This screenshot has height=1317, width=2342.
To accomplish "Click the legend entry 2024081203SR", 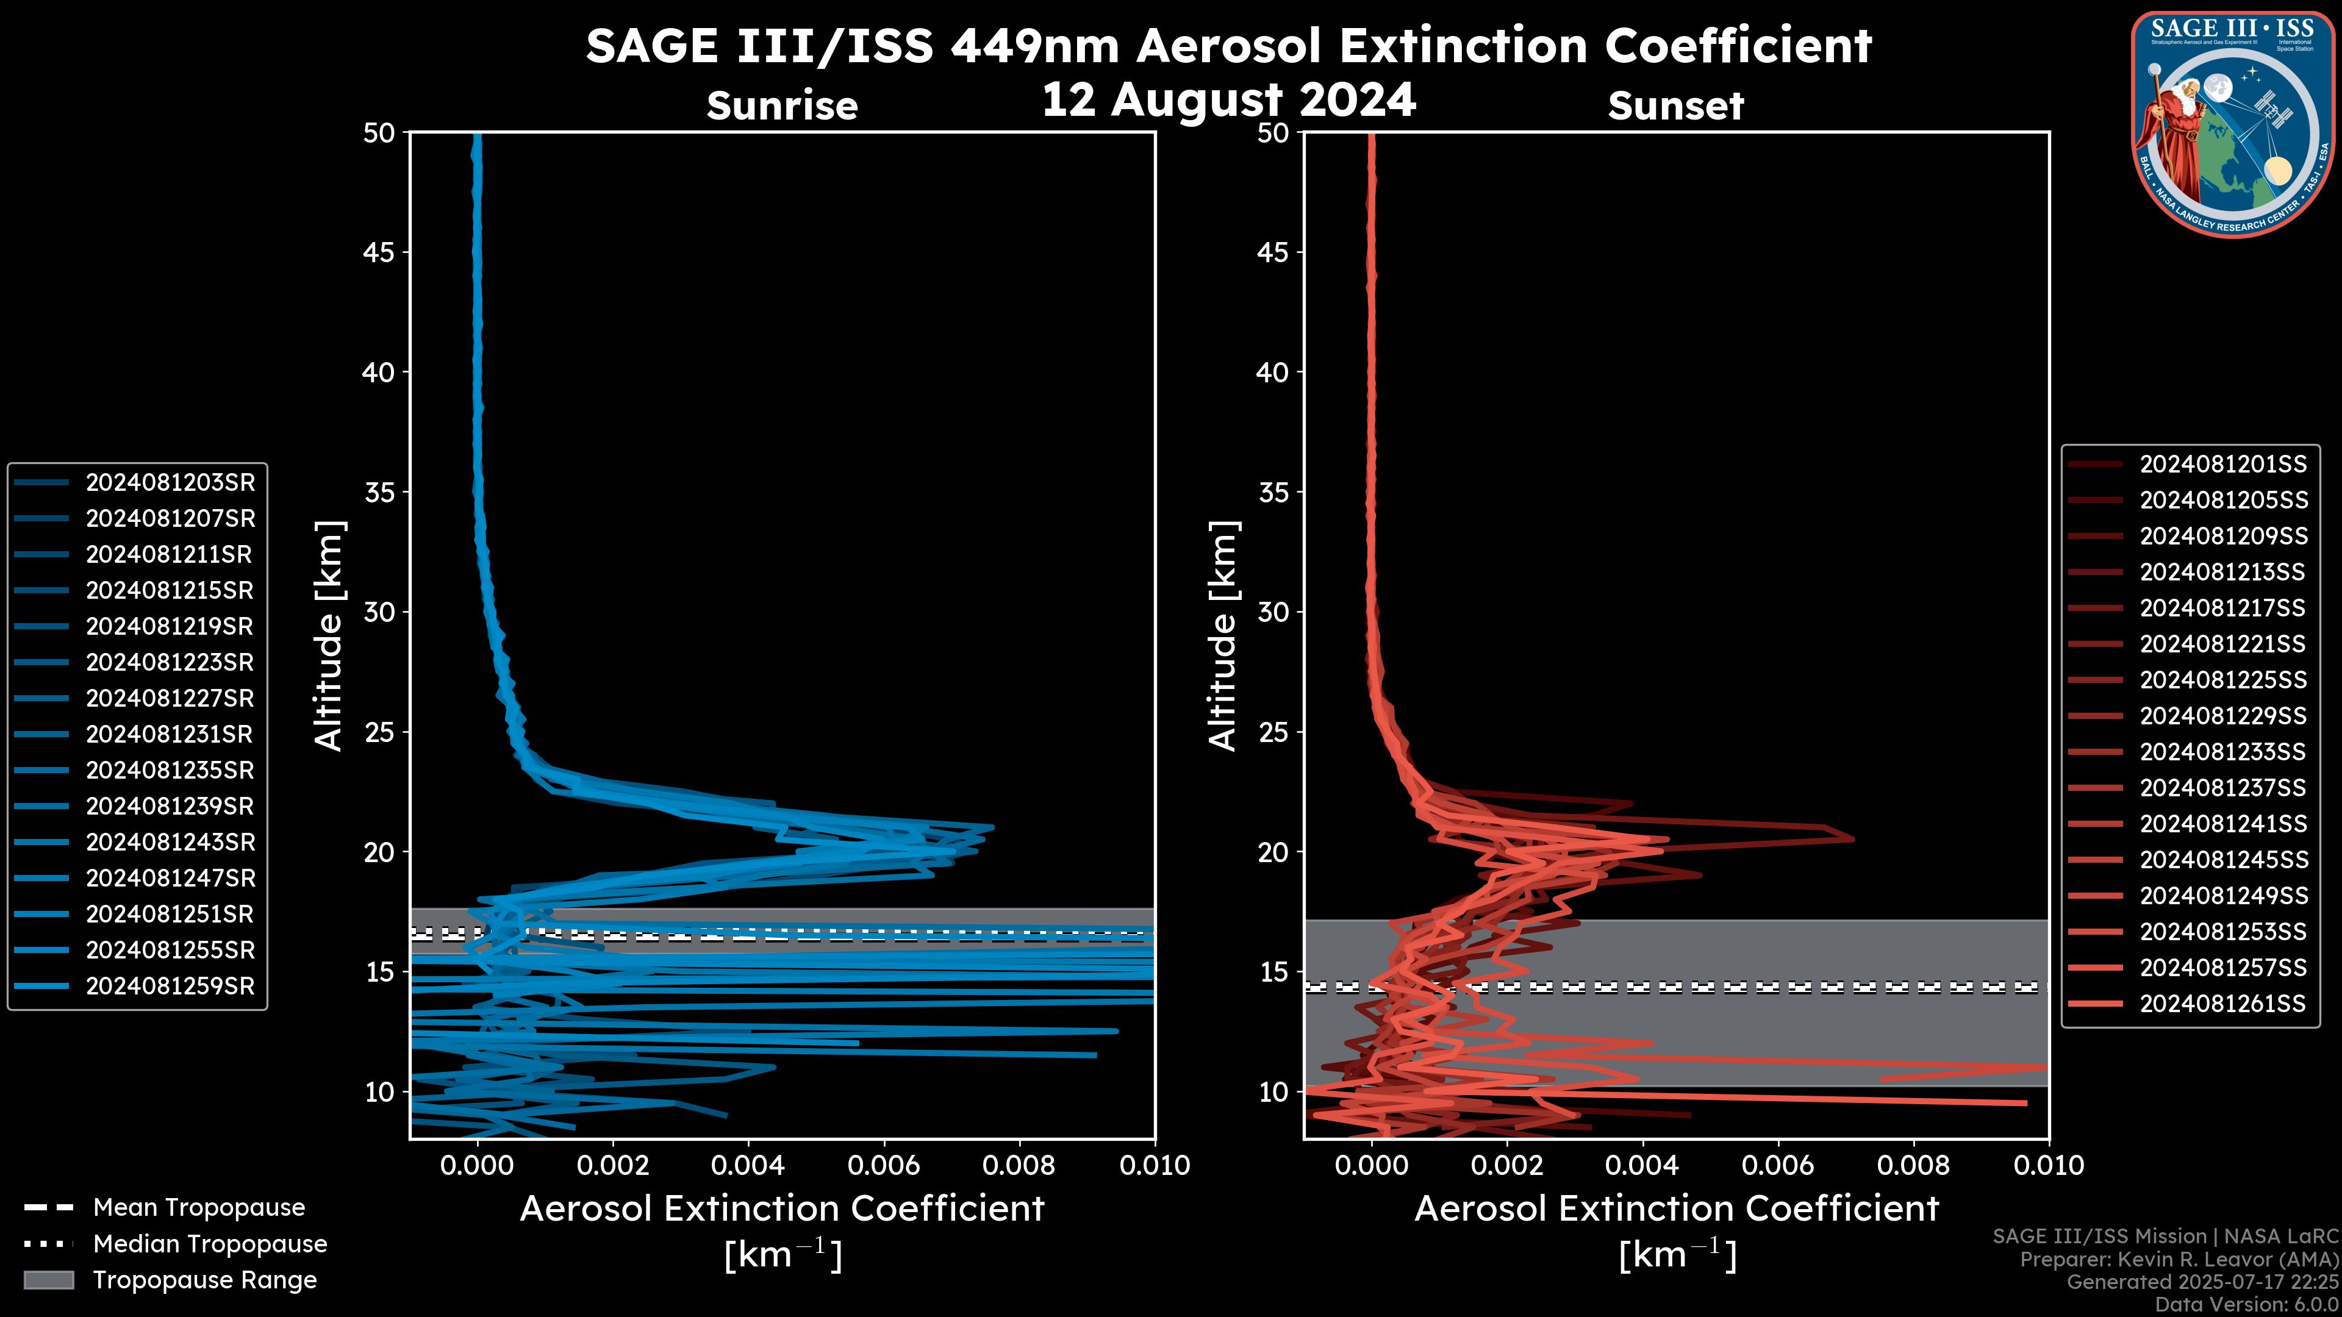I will (170, 483).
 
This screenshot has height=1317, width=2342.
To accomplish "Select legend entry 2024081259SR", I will (170, 986).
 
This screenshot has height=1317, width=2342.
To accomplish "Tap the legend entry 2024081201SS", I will (2223, 465).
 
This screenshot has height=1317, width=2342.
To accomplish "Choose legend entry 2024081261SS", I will (2223, 1004).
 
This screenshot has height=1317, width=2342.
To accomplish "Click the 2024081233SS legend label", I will (2223, 752).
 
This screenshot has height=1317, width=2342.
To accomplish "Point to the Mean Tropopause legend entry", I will (198, 1207).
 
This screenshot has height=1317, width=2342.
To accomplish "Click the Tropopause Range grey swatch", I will (48, 1280).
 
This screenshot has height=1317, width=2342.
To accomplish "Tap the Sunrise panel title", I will (782, 105).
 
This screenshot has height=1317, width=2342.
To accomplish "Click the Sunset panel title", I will (1675, 105).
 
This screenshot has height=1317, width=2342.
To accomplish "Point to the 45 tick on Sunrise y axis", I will (379, 252).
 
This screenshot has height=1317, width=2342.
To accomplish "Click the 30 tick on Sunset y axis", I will (1273, 612).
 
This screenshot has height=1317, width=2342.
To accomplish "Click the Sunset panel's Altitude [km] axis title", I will (1223, 635).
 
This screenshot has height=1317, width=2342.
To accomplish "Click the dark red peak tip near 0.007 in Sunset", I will (1852, 838).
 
